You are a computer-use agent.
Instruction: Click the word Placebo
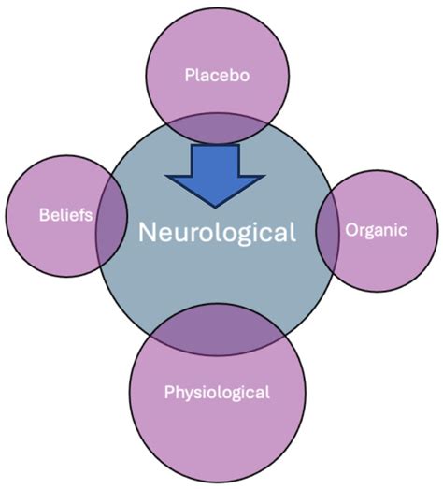217,74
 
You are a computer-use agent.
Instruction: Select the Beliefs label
64,215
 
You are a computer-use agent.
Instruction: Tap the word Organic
376,230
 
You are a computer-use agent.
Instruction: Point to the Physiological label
217,392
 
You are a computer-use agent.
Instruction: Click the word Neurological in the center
217,232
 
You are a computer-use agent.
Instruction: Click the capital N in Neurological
148,232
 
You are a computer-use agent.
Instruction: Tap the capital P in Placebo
188,74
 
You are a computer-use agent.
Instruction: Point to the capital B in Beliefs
43,215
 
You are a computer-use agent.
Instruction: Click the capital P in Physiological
169,392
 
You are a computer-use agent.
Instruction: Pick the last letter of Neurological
293,231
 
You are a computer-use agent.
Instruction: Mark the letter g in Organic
370,232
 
